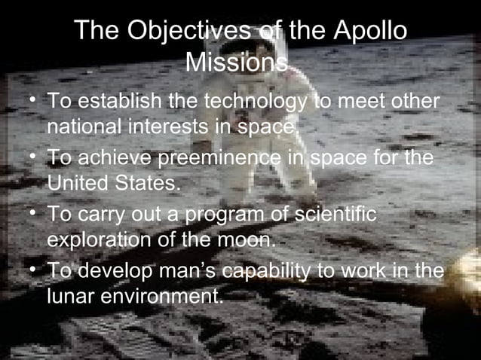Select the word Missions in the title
coord(236,63)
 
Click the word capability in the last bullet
coord(298,271)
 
